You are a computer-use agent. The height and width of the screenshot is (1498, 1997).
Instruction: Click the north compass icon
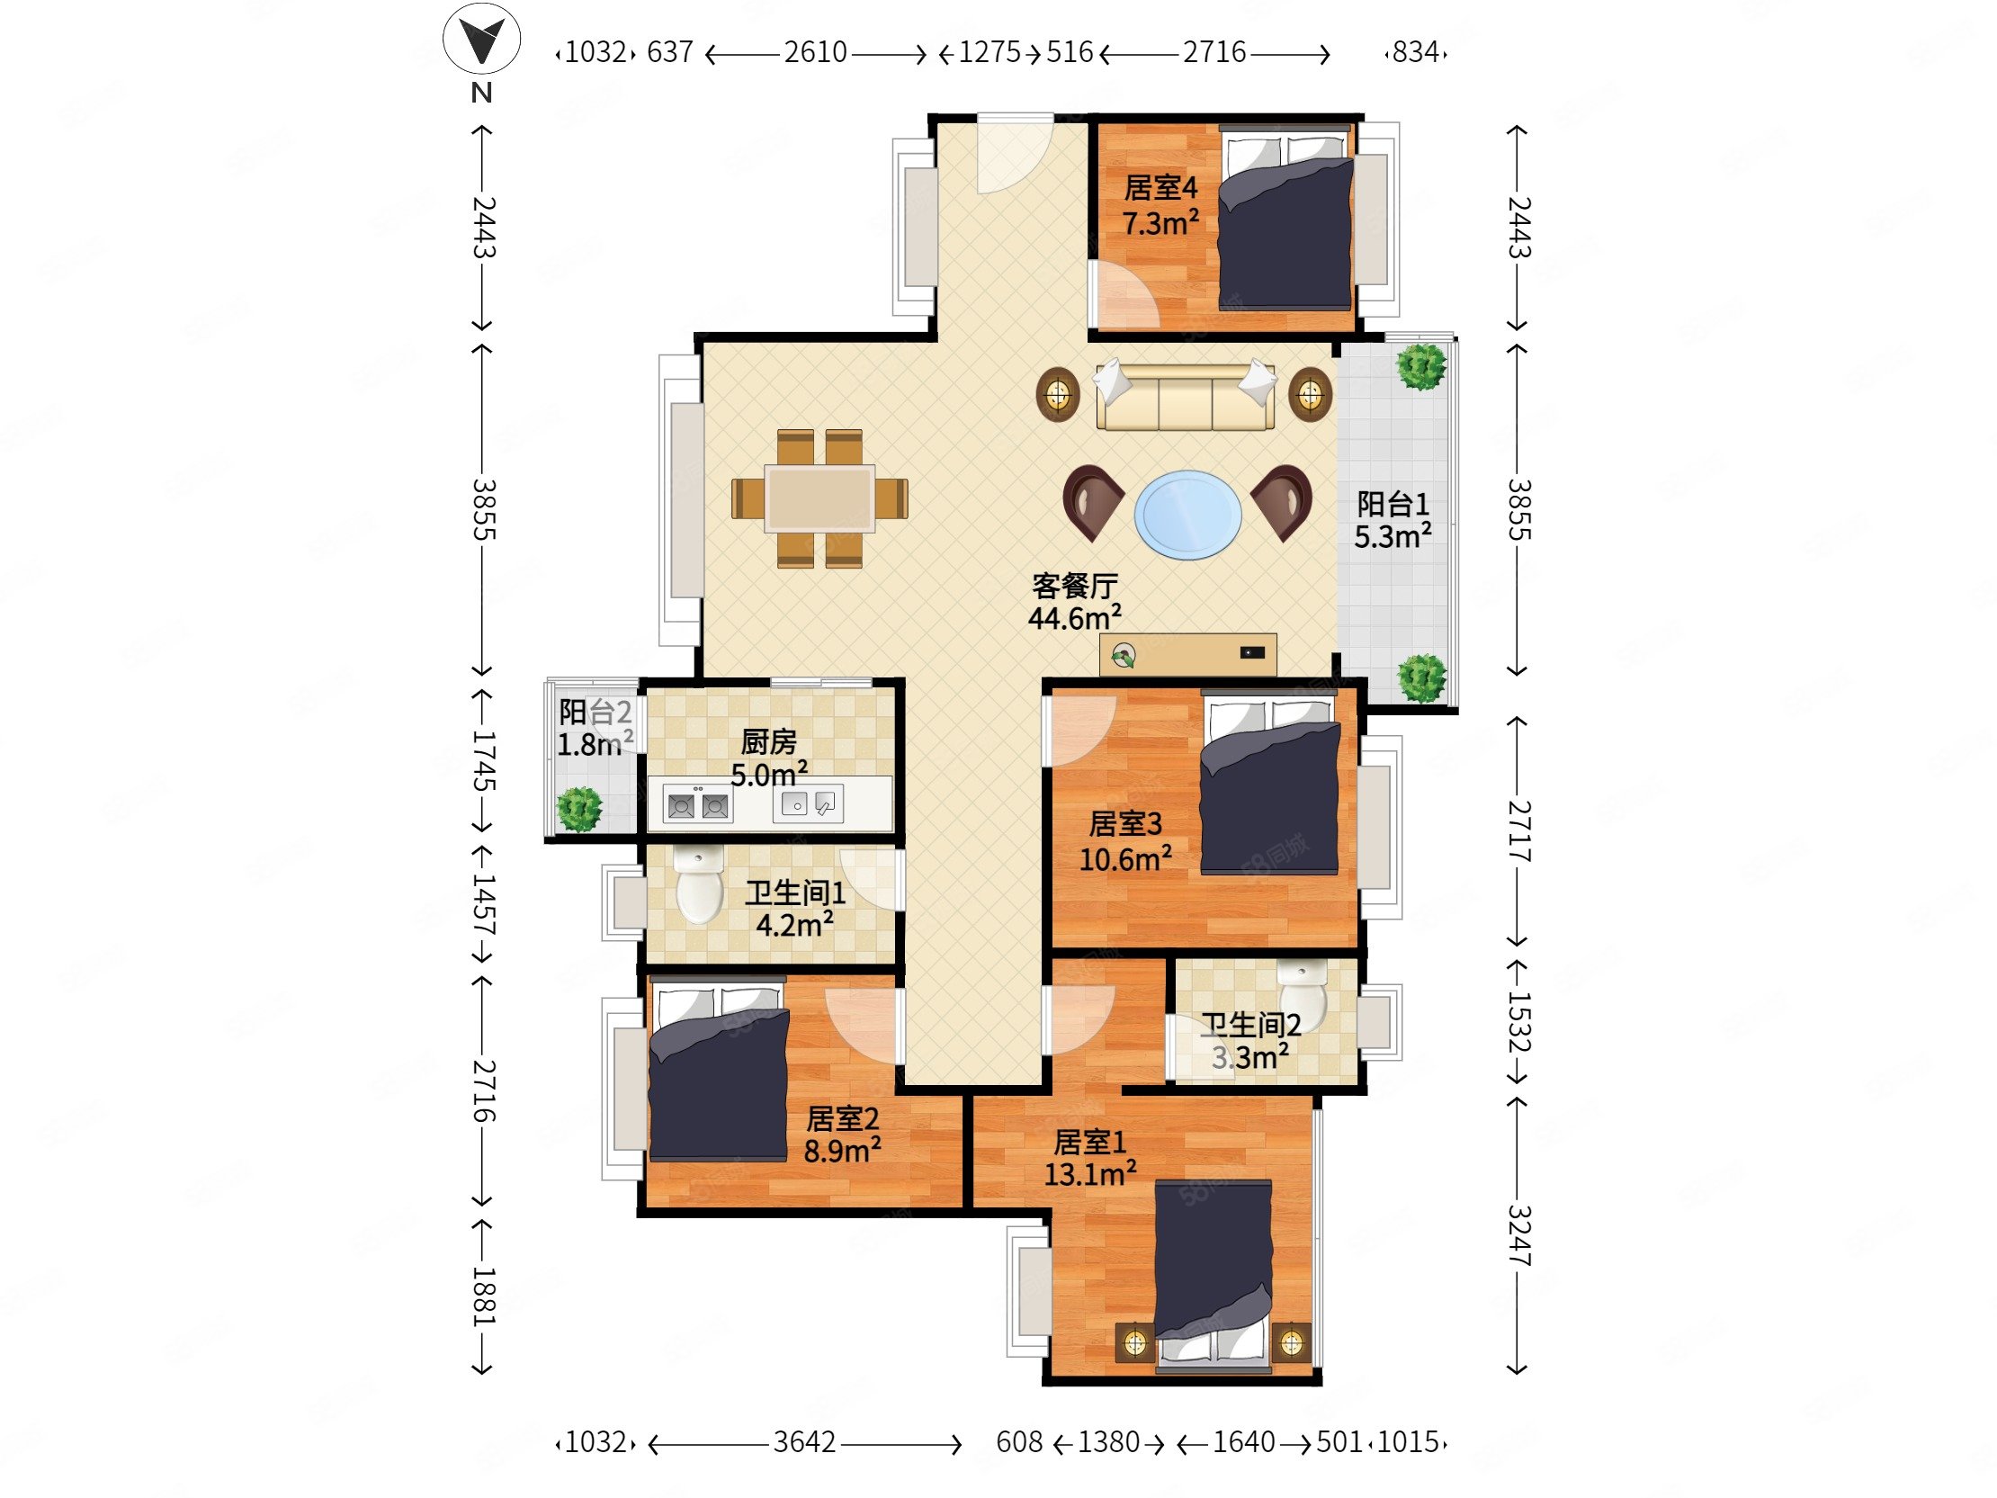point(481,40)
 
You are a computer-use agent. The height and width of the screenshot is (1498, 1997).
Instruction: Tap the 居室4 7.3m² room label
point(1161,205)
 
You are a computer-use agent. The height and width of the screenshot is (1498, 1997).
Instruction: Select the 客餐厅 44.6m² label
point(1074,601)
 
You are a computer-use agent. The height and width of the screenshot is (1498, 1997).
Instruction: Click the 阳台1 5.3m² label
point(1393,520)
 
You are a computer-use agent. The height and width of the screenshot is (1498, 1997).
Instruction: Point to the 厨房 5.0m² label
point(769,758)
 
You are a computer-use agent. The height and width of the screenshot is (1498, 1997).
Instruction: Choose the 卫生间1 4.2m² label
point(794,909)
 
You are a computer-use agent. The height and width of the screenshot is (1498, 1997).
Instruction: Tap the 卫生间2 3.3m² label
point(1250,1040)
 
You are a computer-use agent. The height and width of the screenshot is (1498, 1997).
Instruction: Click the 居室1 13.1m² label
point(1089,1158)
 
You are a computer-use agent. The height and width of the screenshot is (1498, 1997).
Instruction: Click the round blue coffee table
point(1187,515)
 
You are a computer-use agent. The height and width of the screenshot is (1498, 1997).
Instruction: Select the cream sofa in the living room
point(1186,397)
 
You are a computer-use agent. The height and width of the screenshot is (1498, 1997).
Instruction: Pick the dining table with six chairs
point(819,498)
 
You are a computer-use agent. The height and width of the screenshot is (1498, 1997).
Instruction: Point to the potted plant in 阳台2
point(578,809)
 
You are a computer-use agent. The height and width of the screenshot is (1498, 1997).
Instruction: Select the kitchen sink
point(808,803)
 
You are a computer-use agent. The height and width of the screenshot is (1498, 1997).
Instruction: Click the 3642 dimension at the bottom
point(804,1442)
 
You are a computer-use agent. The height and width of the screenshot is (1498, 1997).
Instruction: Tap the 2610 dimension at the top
point(815,52)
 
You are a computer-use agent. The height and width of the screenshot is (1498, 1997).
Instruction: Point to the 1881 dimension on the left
point(484,1296)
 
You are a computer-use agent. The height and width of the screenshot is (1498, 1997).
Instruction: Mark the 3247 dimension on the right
point(1519,1235)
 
